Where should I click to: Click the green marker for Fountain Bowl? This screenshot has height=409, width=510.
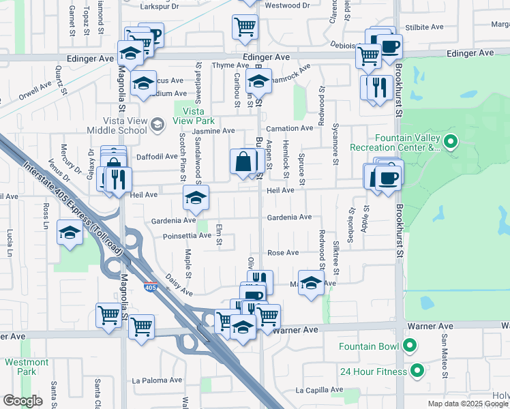coord(410,346)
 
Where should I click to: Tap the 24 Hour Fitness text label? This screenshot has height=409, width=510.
coord(374,372)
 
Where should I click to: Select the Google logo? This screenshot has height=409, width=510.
coord(22,401)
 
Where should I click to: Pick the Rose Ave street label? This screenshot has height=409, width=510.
coord(283,252)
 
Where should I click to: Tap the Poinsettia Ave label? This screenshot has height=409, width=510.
coord(187,236)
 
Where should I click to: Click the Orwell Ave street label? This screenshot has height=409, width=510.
coord(36,91)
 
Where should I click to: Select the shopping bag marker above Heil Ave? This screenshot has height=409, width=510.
coord(243,162)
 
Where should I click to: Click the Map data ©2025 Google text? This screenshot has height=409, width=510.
coord(468,404)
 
